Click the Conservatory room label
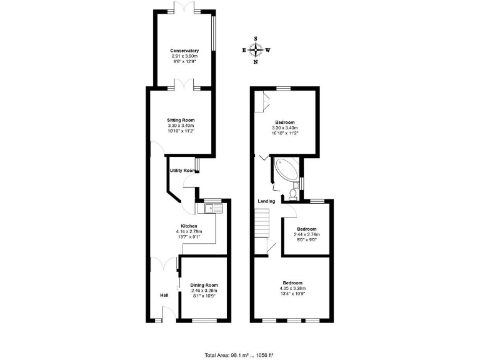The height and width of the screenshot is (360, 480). tap(184, 51)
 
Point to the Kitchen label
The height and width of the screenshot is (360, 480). tap(189, 226)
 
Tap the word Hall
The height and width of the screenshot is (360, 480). tap(164, 296)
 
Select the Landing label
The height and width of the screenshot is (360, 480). tap(267, 201)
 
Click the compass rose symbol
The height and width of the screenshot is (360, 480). tap(256, 50)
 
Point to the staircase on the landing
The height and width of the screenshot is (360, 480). tap(261, 222)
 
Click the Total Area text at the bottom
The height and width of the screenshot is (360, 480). tap(240, 355)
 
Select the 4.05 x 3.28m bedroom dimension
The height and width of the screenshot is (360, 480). tap(292, 288)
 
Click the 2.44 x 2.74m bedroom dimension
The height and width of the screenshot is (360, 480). tap(306, 234)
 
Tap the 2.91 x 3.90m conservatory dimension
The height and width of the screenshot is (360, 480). tap(184, 56)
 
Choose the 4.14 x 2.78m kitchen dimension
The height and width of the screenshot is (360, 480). tap(189, 232)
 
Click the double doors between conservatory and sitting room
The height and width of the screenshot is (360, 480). tap(186, 88)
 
